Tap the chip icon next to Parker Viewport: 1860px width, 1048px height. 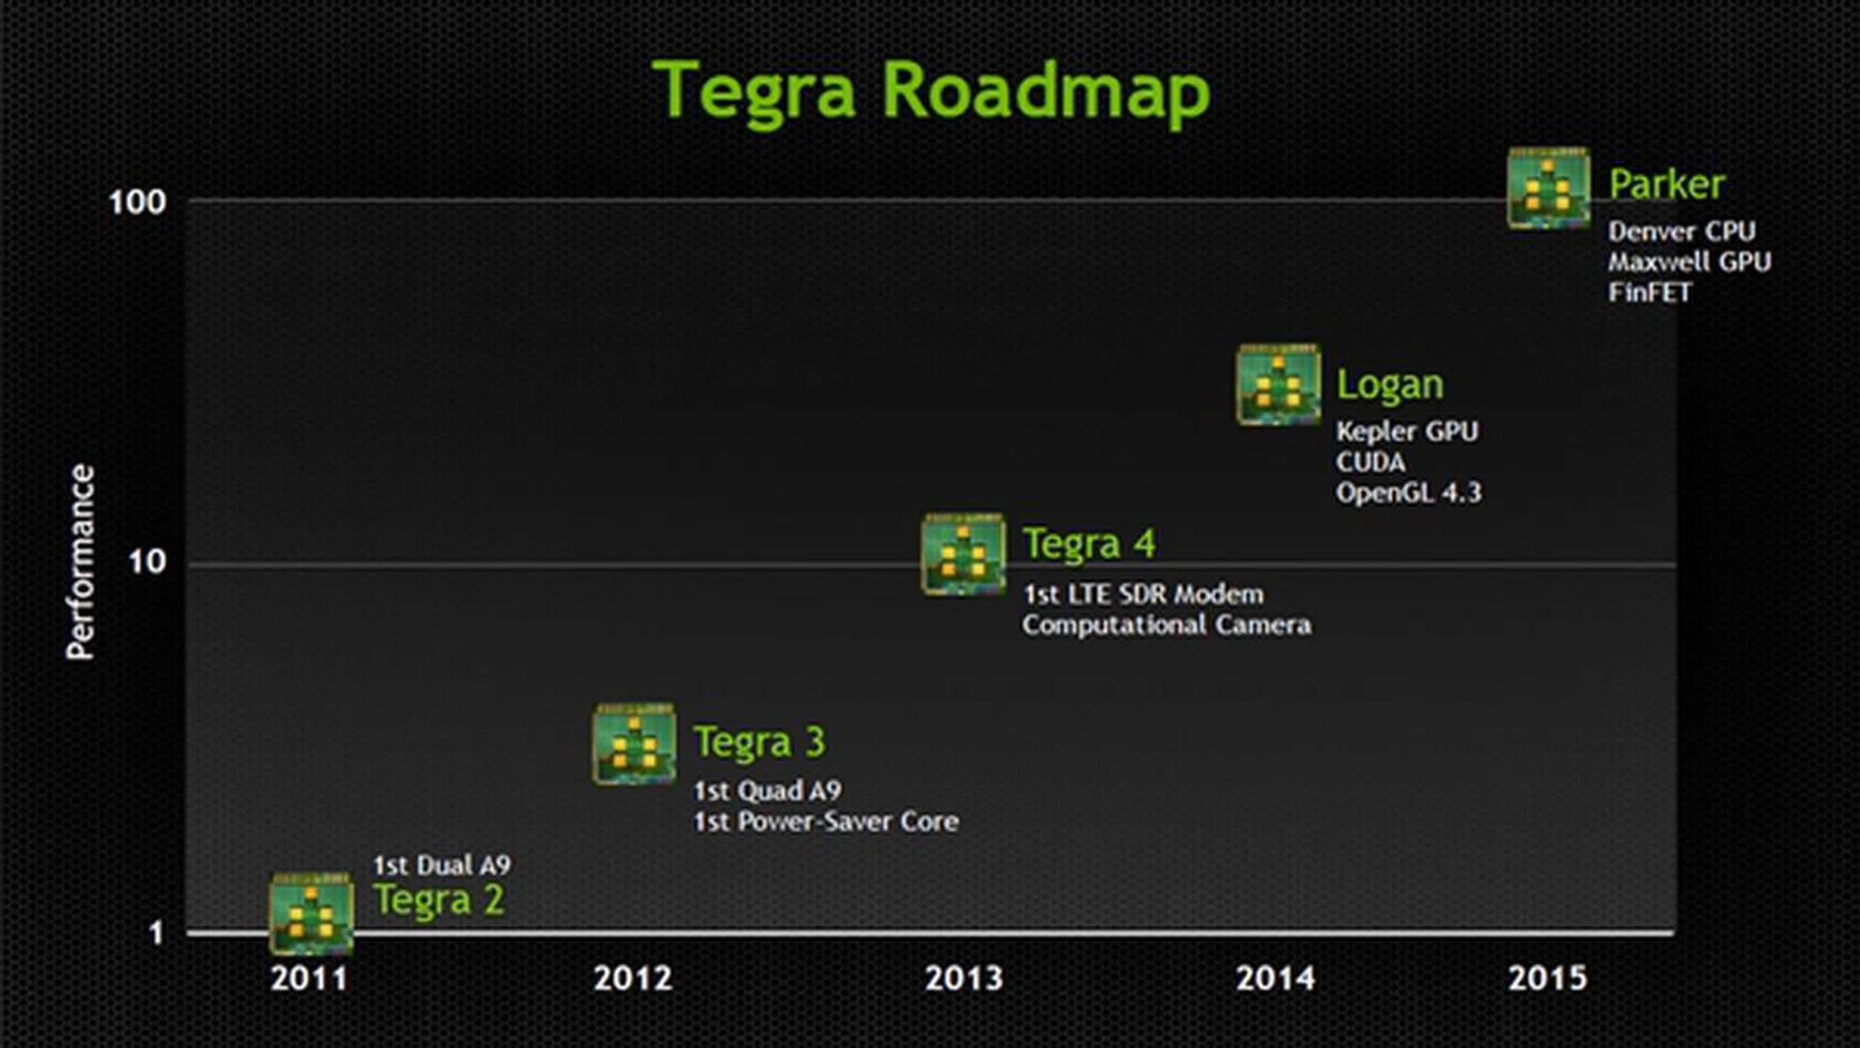(x=1548, y=188)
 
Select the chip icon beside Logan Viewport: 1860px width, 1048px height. (x=1278, y=384)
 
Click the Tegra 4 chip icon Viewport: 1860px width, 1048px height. (x=963, y=554)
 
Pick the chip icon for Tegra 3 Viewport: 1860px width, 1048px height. (x=635, y=744)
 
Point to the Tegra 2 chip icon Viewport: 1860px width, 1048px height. (x=311, y=913)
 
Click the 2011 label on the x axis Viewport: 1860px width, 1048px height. (x=309, y=978)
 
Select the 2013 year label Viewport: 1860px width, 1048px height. (x=964, y=978)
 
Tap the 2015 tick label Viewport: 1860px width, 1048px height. (x=1547, y=978)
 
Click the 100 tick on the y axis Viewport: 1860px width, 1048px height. (x=138, y=202)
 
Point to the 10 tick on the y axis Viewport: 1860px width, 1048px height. (x=147, y=562)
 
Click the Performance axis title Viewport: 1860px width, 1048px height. (x=80, y=562)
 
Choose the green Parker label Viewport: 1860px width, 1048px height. (x=1666, y=184)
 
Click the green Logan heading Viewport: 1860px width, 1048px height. (x=1390, y=385)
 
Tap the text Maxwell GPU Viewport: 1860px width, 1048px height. (x=1689, y=262)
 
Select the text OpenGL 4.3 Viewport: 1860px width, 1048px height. (x=1409, y=493)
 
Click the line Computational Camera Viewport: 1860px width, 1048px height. (x=1166, y=625)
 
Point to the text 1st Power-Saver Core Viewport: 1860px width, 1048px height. (x=826, y=821)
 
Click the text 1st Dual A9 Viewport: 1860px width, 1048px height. (x=442, y=865)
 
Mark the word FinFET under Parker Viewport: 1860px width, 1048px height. (x=1650, y=293)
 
